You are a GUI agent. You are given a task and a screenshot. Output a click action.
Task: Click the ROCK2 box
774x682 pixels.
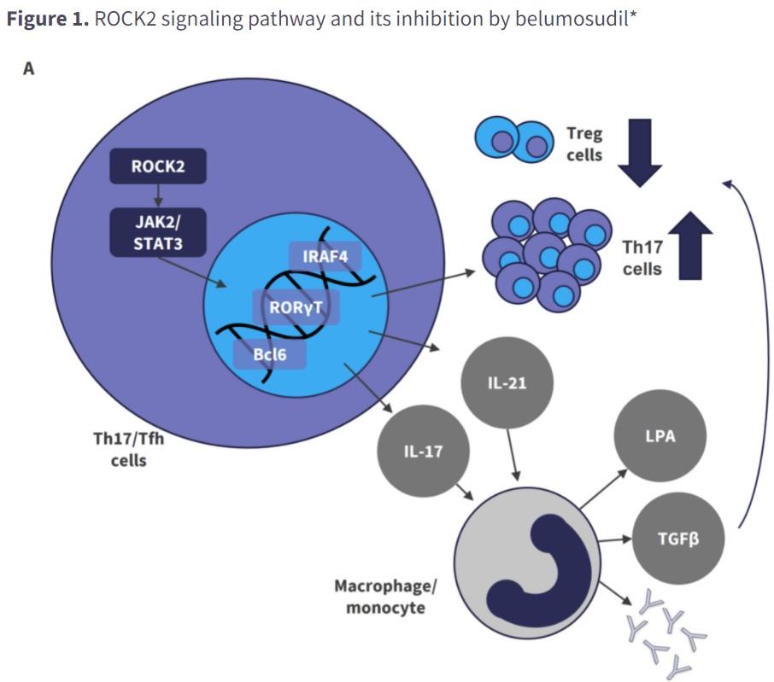(158, 166)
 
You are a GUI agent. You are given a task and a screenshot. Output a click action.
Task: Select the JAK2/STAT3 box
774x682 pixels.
(158, 232)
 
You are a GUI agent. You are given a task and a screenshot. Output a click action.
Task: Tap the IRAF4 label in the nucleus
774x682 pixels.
(325, 256)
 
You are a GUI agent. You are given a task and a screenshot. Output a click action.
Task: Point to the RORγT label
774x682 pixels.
(296, 308)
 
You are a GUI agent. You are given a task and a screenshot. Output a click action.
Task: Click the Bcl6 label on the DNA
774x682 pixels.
(269, 354)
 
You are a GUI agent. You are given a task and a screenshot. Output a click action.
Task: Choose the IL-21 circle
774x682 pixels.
(507, 383)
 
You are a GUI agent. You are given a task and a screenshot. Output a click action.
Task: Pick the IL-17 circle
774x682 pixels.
(423, 452)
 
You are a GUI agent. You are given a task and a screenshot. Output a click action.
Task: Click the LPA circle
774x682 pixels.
(660, 436)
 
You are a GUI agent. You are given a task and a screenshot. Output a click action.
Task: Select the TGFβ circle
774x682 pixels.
(678, 539)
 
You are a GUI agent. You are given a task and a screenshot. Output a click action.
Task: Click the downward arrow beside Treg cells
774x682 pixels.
(640, 153)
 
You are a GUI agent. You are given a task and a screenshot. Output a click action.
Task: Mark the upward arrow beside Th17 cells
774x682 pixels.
(690, 246)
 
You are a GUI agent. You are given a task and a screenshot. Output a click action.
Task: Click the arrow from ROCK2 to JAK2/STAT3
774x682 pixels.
(158, 195)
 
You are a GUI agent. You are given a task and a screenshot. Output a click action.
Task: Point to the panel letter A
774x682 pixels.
(29, 68)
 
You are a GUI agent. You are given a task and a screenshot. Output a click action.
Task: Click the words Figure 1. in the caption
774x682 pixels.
(48, 19)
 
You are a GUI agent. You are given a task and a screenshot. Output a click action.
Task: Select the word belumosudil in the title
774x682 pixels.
(571, 19)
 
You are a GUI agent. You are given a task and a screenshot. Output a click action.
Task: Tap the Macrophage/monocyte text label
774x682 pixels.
(385, 597)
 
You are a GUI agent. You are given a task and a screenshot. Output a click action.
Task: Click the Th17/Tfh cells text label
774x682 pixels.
(128, 449)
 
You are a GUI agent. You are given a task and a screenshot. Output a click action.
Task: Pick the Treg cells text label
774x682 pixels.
(584, 144)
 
